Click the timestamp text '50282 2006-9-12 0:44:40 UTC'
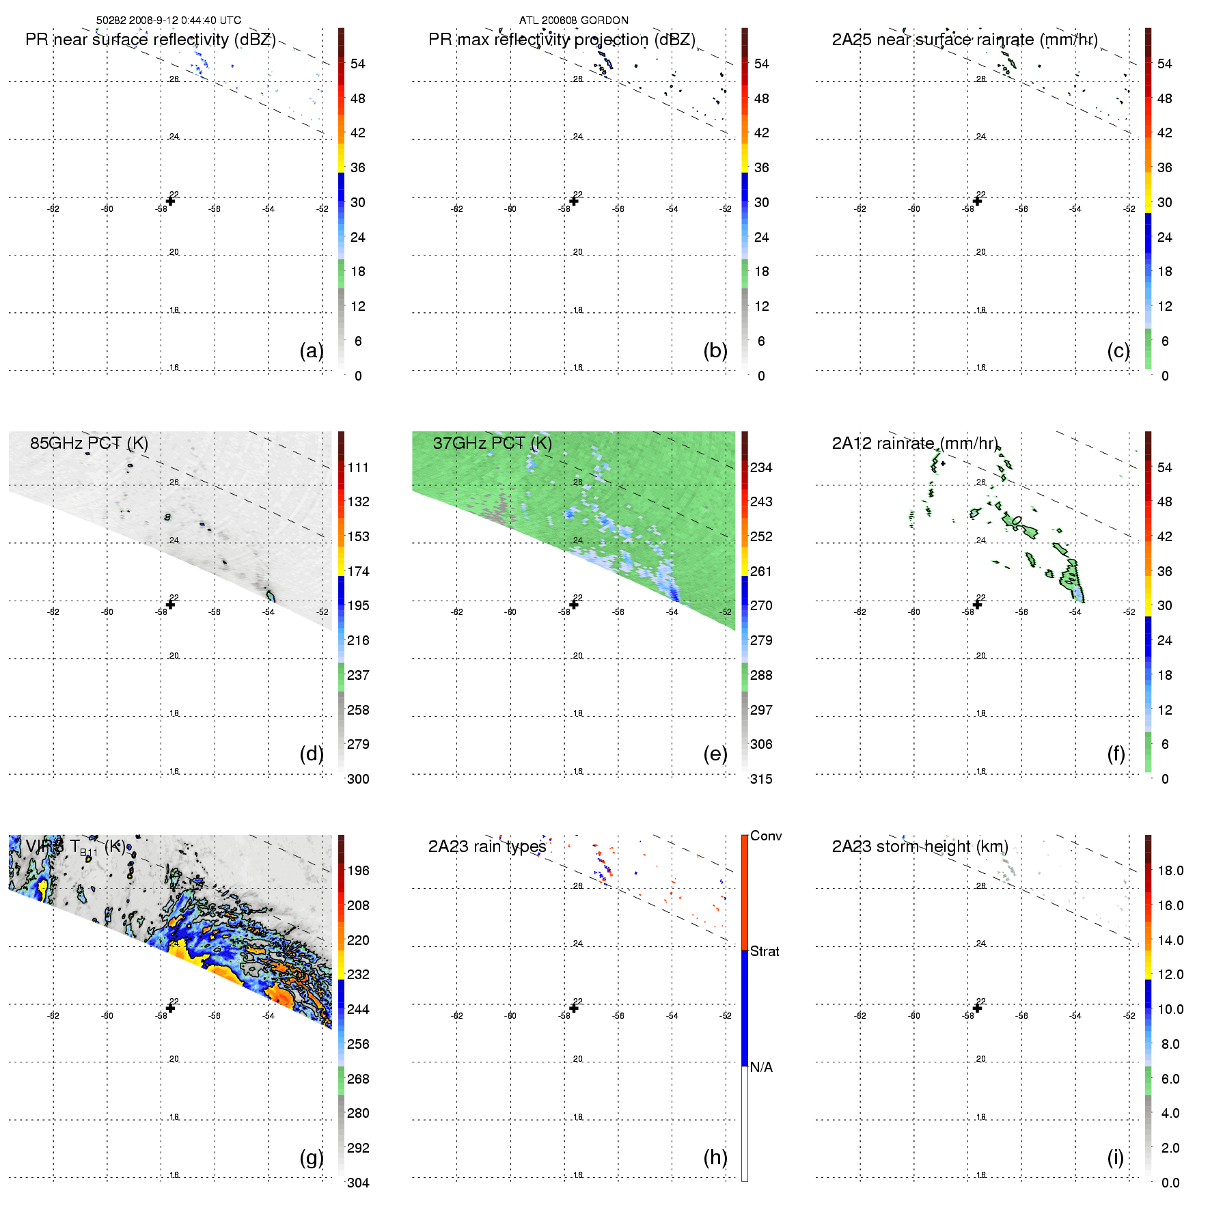(x=168, y=20)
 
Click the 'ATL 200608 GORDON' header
(x=573, y=20)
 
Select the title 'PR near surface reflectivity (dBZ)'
(x=150, y=40)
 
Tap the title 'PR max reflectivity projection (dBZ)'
(x=562, y=40)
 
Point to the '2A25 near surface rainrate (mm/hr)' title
(x=965, y=40)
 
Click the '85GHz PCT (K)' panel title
(x=89, y=443)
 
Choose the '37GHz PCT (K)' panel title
(x=492, y=443)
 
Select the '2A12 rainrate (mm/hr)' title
(x=915, y=443)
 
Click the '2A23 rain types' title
(x=486, y=847)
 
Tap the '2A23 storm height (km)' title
(x=920, y=847)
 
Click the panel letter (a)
(x=312, y=350)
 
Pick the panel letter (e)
(x=715, y=754)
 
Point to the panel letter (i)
(x=1115, y=1157)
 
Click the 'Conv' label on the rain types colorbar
(x=766, y=836)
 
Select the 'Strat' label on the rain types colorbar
(x=765, y=951)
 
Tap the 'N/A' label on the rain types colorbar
(x=761, y=1067)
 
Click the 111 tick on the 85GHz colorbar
(x=358, y=467)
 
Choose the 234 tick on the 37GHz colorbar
(x=761, y=467)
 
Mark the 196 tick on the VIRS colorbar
(x=358, y=870)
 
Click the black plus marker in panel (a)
(x=171, y=201)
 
